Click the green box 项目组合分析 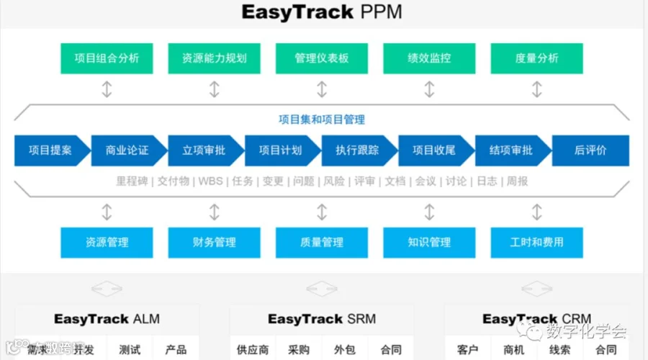point(107,58)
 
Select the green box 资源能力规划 point(214,58)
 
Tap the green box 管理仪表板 point(322,58)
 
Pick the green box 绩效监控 point(429,58)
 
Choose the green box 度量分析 point(536,58)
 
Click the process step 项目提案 point(50,150)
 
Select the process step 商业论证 point(127,150)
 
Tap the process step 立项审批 point(204,150)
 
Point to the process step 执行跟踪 point(357,150)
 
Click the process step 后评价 point(590,150)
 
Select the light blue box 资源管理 point(107,243)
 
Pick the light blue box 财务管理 point(214,243)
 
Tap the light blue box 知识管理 point(429,243)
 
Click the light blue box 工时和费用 point(536,243)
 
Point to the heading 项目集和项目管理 point(322,120)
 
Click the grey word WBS point(211,181)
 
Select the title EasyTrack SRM point(322,319)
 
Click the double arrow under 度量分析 point(536,89)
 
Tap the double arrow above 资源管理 point(107,212)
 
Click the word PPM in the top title point(382,12)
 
